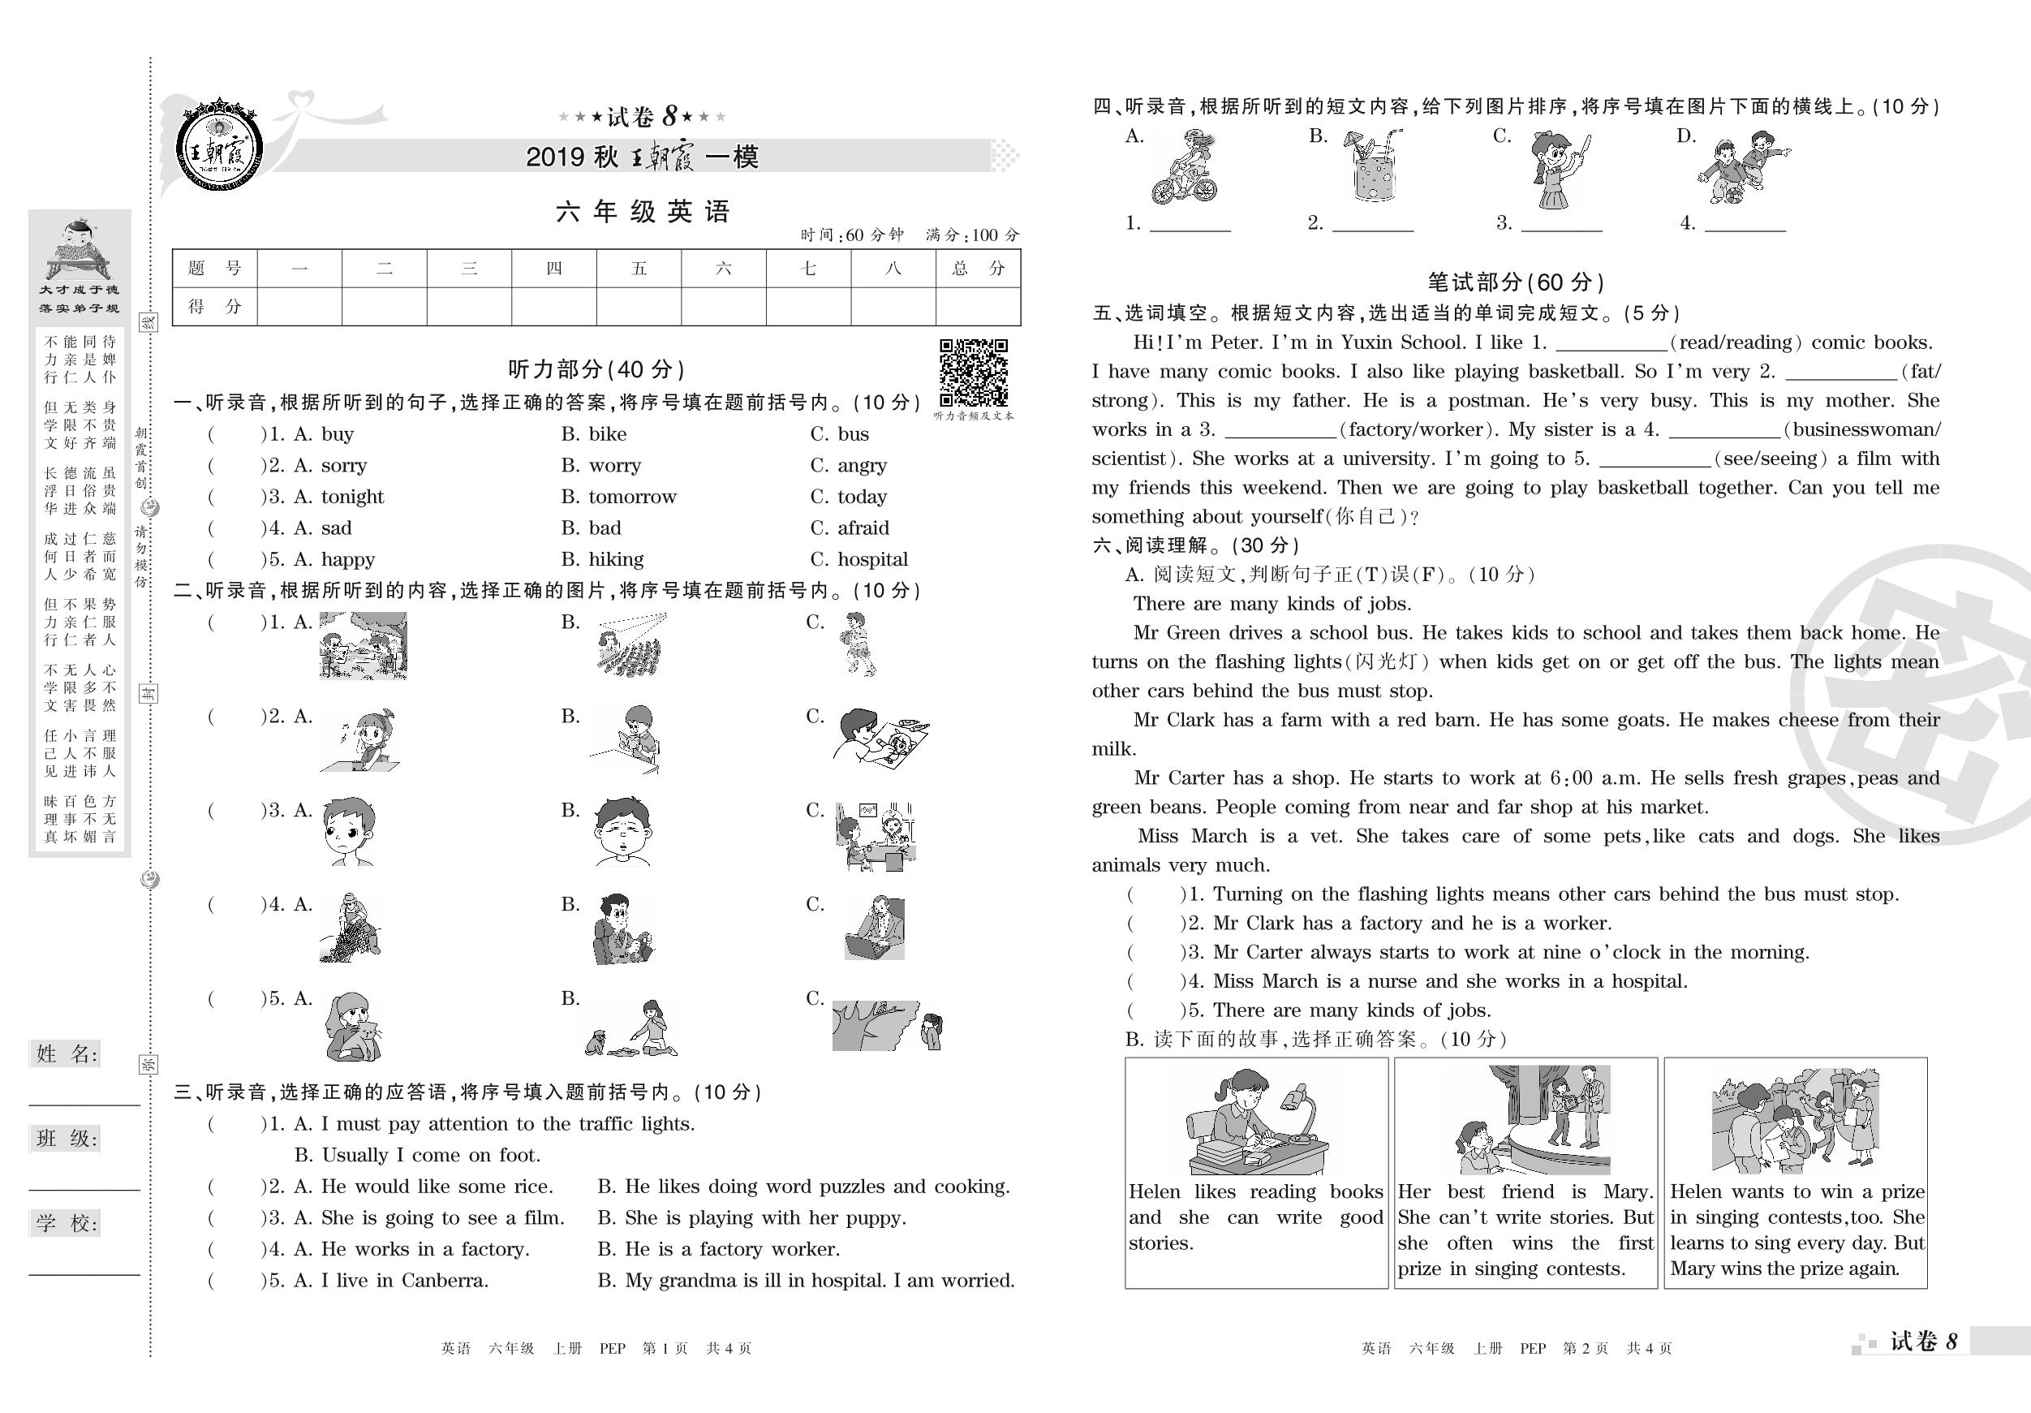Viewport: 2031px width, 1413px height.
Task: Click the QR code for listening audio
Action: point(973,372)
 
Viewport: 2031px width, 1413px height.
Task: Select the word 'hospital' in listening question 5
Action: point(872,559)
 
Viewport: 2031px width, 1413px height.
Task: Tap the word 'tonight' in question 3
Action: point(352,497)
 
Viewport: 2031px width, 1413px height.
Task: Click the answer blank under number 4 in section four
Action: point(1745,224)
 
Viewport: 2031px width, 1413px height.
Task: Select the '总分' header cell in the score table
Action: point(978,268)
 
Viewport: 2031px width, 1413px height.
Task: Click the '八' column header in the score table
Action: point(893,268)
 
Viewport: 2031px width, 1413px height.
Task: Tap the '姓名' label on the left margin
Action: point(67,1053)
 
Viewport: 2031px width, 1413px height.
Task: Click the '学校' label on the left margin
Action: point(67,1224)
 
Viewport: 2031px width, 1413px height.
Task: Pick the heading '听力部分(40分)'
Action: point(596,369)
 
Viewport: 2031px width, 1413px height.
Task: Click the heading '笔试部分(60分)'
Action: point(1515,282)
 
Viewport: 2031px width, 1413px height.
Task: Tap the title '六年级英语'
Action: point(643,212)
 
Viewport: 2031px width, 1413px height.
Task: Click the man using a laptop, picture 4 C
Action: point(874,928)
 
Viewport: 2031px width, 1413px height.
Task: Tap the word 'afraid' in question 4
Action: point(863,528)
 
